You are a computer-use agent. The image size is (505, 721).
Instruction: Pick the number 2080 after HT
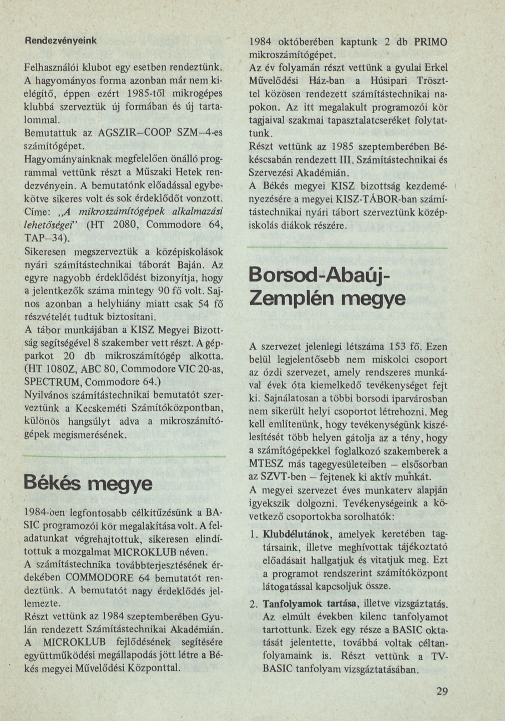[126, 226]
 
